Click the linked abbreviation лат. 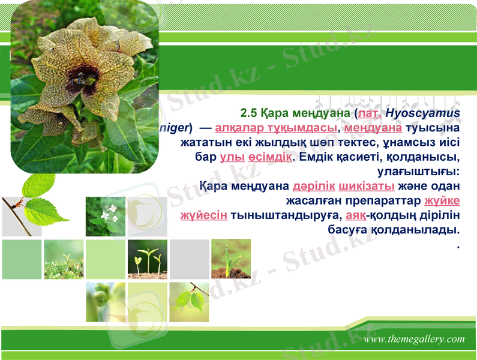tap(370, 113)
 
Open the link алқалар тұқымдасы tap(276, 128)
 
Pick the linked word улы tap(232, 157)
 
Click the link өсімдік tap(270, 157)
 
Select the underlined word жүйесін tap(203, 214)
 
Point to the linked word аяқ tap(356, 214)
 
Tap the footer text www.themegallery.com tap(414, 339)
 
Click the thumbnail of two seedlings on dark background tap(148, 259)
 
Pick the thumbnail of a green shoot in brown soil tap(231, 259)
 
